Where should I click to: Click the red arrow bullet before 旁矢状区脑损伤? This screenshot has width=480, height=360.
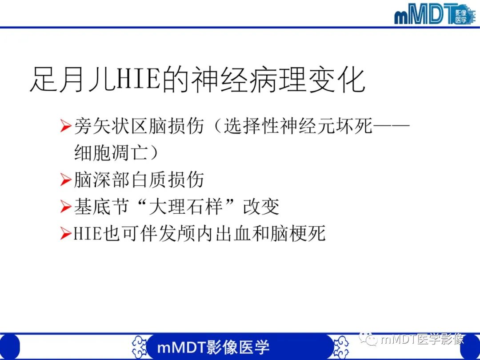click(66, 127)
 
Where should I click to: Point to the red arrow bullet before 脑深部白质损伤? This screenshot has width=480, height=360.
click(66, 180)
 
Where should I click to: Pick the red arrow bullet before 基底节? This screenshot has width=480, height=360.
click(66, 207)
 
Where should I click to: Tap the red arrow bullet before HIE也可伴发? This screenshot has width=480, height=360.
click(66, 234)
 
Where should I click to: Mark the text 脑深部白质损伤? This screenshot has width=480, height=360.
click(139, 180)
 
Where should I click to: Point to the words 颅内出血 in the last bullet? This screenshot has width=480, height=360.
click(211, 234)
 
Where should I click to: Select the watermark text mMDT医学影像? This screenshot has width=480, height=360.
click(422, 340)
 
